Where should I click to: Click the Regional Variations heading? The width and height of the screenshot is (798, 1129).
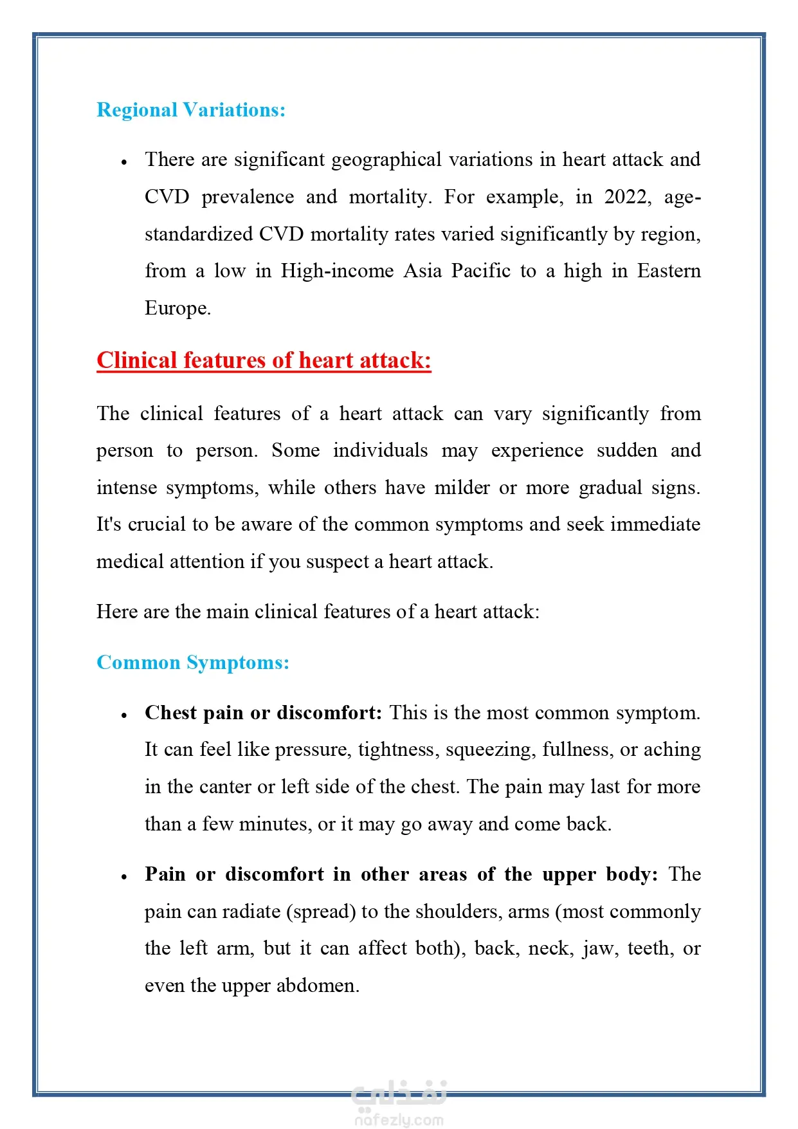click(191, 110)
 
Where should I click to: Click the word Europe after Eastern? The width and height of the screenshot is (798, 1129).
click(177, 308)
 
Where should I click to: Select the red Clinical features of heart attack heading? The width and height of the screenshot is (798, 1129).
click(264, 360)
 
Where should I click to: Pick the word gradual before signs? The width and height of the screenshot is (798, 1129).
click(610, 488)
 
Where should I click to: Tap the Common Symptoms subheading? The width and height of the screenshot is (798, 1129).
click(193, 663)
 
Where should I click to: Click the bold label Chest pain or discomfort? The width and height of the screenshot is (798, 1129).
click(263, 713)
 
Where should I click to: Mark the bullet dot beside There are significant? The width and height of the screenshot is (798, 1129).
click(124, 162)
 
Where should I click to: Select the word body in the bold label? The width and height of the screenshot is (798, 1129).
click(631, 874)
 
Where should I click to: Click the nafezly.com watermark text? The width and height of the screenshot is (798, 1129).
click(399, 1120)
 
